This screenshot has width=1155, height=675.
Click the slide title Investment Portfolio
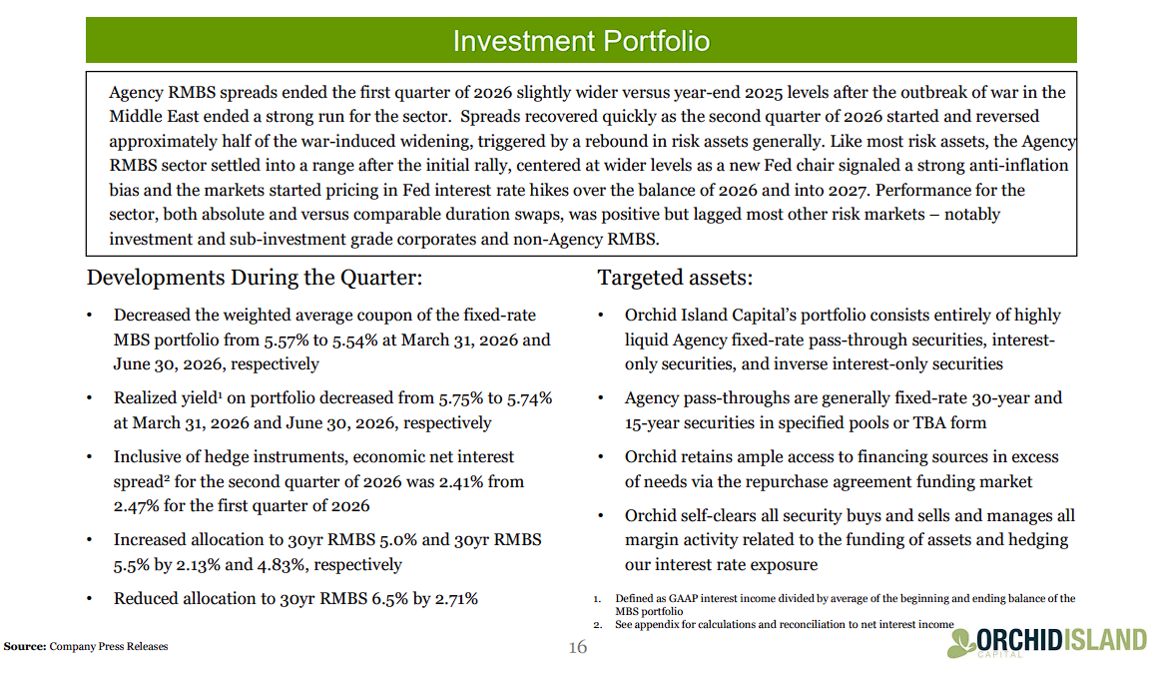581,41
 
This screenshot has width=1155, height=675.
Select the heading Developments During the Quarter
255,278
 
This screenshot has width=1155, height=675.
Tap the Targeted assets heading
675,278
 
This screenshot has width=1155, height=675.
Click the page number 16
577,647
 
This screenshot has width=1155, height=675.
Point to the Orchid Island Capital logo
1047,642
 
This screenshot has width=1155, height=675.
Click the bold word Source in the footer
24,646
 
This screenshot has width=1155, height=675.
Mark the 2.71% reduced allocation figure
456,599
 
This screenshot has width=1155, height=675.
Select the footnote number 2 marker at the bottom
597,625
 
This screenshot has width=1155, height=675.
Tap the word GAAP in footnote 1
683,598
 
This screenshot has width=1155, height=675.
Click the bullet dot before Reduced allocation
89,599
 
